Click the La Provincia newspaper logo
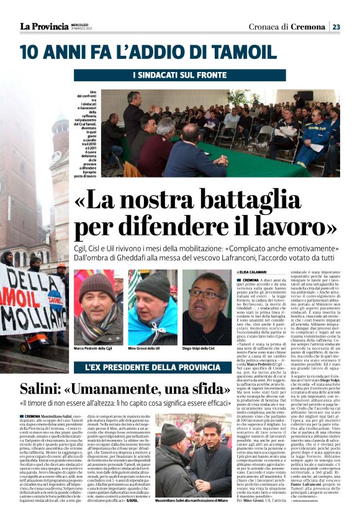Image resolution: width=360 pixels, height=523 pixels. [39, 26]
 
